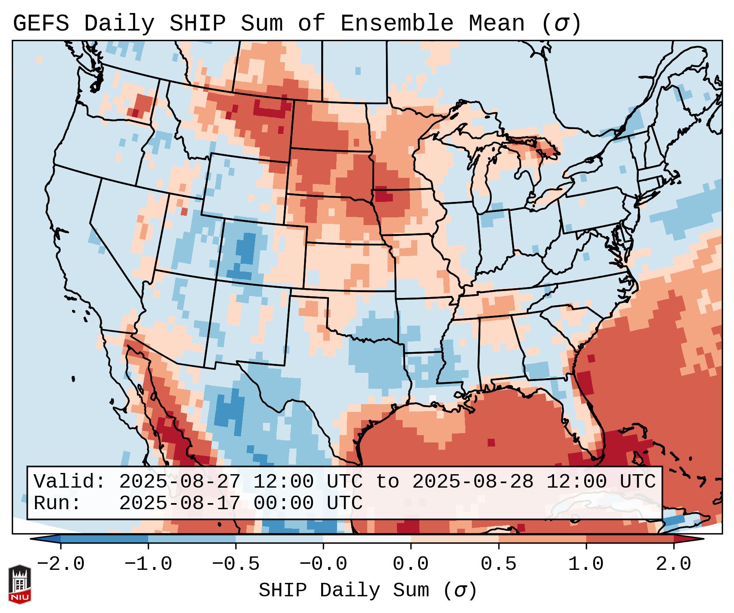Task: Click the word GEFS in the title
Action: [x=41, y=24]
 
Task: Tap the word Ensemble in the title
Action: [x=397, y=24]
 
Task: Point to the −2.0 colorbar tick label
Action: [x=61, y=564]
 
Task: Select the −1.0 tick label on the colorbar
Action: [x=148, y=564]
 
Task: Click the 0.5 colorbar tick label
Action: [x=498, y=564]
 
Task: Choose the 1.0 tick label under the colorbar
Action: [x=586, y=564]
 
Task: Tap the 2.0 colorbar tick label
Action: [x=673, y=564]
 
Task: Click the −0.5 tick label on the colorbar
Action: [x=236, y=564]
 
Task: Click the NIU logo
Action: [x=20, y=584]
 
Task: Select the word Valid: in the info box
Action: [x=70, y=482]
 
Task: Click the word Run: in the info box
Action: [x=57, y=503]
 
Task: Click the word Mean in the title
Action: [x=497, y=24]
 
